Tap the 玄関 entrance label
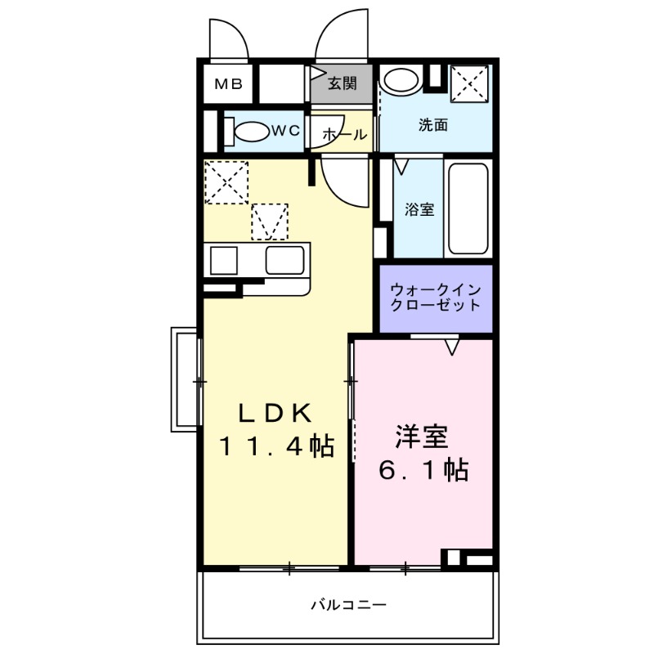pos(343,83)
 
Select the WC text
pos(284,131)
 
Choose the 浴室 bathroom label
pos(419,209)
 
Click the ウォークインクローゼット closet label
pos(435,298)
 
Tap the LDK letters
pos(275,414)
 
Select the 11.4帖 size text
pos(275,447)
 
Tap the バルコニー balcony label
pos(347,606)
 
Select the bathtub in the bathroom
pos(468,208)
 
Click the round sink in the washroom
pos(401,81)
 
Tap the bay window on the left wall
pos(185,379)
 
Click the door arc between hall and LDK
pos(343,180)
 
